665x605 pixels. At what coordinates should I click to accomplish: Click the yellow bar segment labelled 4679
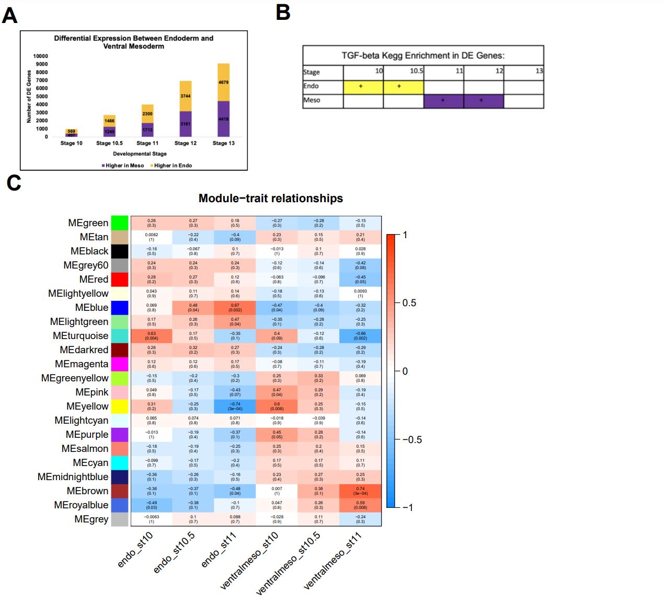click(223, 82)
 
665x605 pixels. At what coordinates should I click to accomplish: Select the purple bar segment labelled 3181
click(185, 124)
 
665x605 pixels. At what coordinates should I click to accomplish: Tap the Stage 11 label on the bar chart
click(147, 143)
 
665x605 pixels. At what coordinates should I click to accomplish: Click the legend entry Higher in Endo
click(173, 166)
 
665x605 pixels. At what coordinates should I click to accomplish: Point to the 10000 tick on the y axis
click(40, 56)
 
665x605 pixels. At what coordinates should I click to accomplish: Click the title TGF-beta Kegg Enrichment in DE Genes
click(423, 55)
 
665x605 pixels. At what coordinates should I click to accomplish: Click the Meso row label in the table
click(312, 100)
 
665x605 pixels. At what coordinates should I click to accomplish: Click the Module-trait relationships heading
click(271, 199)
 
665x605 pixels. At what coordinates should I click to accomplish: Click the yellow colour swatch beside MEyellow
click(120, 406)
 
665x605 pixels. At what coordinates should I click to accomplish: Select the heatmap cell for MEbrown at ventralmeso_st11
click(360, 491)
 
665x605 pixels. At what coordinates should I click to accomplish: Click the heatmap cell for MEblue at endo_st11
click(235, 308)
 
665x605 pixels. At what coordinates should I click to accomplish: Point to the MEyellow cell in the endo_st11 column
click(235, 406)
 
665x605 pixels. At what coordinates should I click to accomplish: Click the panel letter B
click(283, 11)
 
